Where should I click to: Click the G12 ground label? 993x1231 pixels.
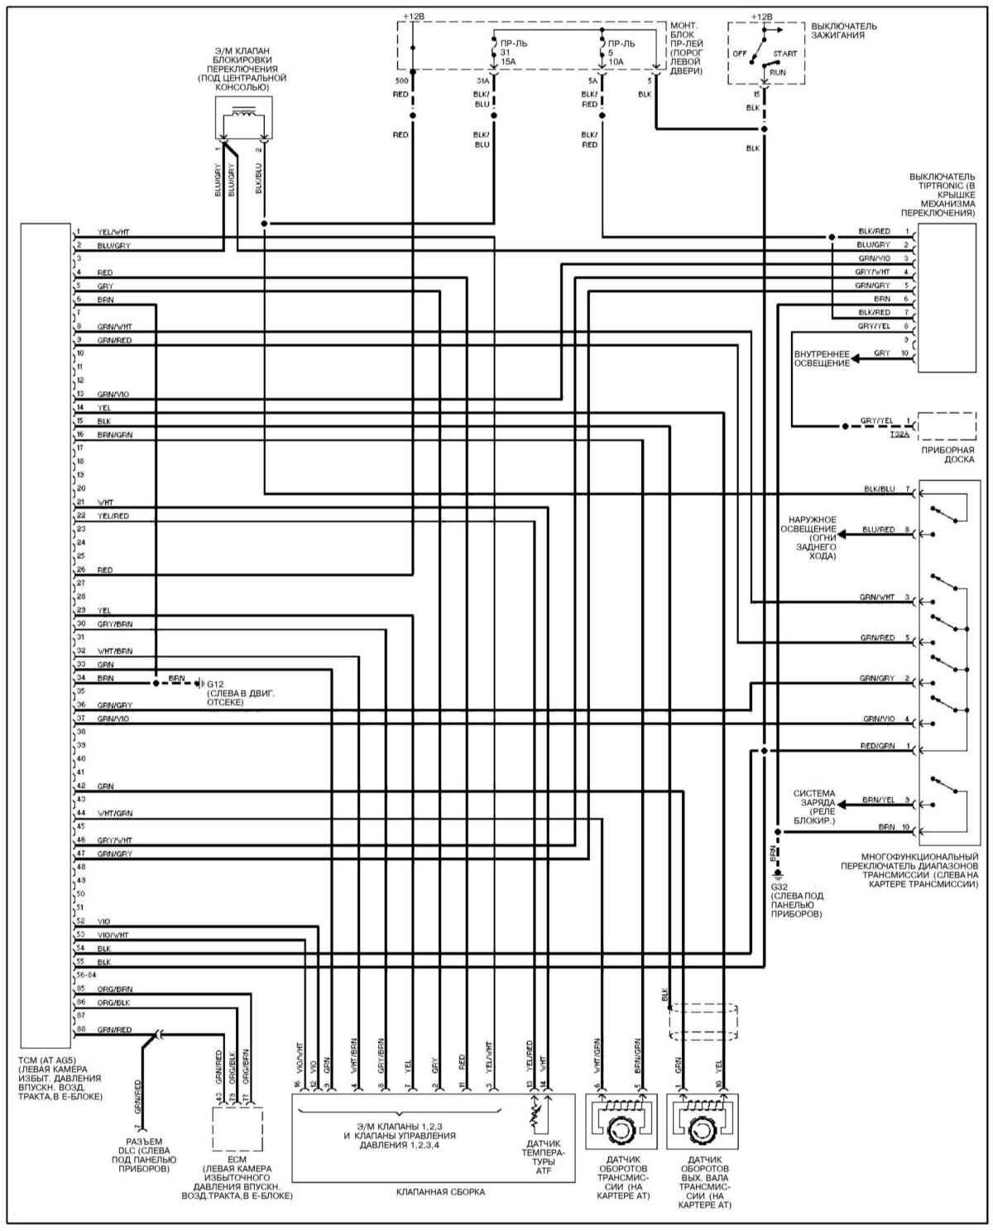click(215, 685)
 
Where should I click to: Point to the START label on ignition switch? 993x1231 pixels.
click(784, 52)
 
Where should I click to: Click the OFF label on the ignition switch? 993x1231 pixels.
click(740, 52)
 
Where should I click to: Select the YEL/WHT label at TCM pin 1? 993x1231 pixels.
click(113, 233)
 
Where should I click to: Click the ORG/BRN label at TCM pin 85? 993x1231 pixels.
click(114, 989)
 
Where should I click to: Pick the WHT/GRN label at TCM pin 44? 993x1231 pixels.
click(114, 814)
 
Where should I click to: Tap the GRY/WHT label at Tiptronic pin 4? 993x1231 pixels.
click(873, 272)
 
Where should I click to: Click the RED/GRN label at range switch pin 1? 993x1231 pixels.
click(877, 747)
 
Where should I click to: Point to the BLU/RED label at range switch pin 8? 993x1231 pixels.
click(877, 530)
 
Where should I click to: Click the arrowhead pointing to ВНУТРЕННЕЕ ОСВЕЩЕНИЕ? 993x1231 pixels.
click(856, 357)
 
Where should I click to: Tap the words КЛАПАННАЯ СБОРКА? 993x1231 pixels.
click(440, 1192)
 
